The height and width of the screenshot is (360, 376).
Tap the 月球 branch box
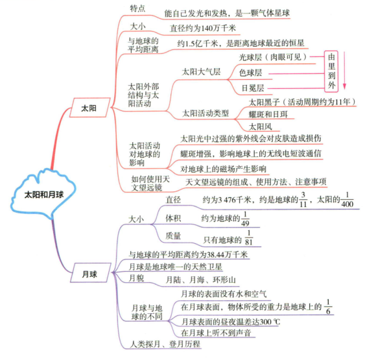[89, 275]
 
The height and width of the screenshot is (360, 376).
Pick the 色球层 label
[252, 72]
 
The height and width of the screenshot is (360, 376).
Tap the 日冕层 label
[252, 88]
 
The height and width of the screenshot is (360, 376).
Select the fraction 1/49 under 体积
[245, 217]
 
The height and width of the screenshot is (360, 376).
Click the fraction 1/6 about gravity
[329, 307]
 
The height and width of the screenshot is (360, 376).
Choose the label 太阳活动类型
[206, 114]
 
